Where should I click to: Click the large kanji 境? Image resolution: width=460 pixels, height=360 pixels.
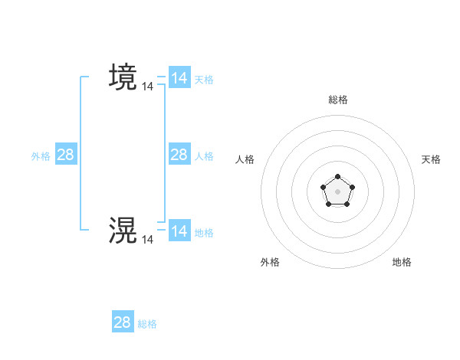coord(123,77)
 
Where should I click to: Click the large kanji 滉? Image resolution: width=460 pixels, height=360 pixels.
coord(123,230)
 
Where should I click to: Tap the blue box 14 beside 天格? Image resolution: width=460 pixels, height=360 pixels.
coord(179,78)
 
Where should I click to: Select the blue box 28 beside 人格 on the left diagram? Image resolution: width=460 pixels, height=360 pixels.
coord(179,155)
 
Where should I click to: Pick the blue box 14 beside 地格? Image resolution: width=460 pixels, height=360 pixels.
coord(179,231)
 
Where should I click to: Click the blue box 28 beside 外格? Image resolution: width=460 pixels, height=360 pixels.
coord(66,155)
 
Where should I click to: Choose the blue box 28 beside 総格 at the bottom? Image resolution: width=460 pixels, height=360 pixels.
coord(123,322)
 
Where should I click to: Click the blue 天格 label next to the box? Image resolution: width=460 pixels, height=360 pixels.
coord(204,79)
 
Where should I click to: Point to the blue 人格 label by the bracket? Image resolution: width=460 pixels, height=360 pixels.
coord(204,155)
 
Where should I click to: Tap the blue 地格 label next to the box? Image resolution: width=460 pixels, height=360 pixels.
coord(204,232)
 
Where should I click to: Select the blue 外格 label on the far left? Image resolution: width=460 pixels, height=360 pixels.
coord(41,155)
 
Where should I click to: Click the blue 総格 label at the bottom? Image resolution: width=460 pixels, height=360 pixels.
coord(147,324)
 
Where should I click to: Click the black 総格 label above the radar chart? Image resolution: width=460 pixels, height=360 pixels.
coord(337,100)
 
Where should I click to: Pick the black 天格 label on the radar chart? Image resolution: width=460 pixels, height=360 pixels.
coord(431,159)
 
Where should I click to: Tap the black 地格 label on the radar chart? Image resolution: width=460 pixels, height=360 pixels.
coord(402,262)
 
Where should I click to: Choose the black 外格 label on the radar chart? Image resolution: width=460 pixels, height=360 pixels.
coord(270,262)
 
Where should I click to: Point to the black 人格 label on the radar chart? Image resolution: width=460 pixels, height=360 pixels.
coord(245,159)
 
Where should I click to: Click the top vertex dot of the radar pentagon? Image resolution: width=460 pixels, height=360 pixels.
coord(337,177)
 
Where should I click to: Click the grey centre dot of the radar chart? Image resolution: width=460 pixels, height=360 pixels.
coord(337,191)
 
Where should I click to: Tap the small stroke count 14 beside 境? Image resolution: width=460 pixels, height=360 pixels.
coord(148,87)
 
